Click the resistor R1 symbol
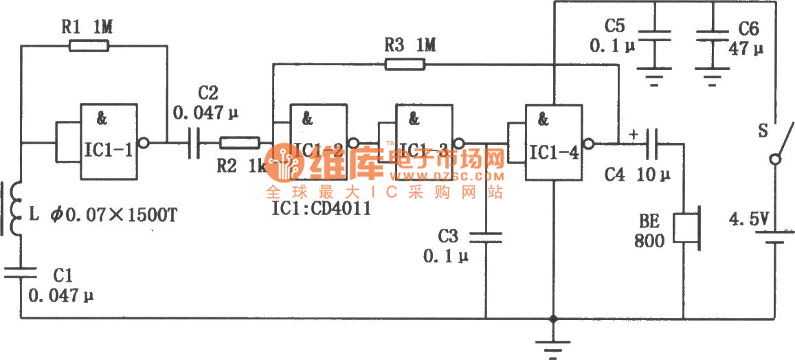[89, 46]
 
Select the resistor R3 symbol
[405, 65]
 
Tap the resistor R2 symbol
[239, 143]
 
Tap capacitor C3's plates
[486, 237]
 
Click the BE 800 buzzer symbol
[684, 229]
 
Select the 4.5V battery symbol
[775, 237]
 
